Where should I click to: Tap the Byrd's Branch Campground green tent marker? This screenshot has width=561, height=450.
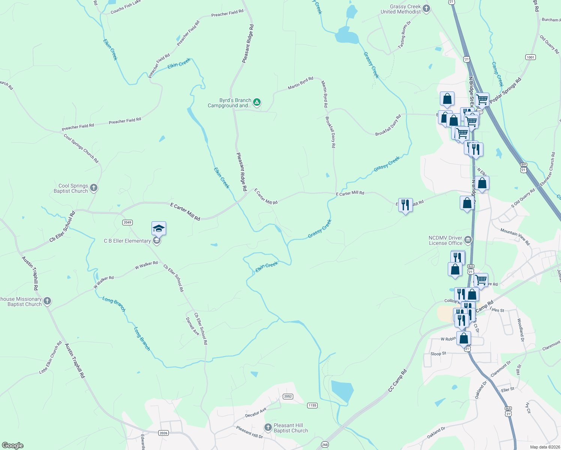[256, 102]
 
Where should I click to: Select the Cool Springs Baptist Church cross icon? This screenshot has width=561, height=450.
[94, 188]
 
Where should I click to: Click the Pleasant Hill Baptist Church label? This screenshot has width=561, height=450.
[288, 428]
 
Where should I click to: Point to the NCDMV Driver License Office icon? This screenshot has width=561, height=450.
[468, 240]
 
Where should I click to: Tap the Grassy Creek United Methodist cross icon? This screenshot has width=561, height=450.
[426, 9]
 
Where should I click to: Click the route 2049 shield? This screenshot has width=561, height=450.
[127, 222]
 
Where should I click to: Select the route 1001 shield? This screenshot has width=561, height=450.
[531, 57]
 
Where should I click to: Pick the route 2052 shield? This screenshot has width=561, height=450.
[288, 396]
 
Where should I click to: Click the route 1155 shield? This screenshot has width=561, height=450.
[312, 405]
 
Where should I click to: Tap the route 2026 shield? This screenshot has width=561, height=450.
[163, 433]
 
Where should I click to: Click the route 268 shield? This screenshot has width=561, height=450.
[324, 445]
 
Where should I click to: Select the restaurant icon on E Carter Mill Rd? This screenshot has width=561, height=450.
[405, 205]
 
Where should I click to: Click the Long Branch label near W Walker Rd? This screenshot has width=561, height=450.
[114, 304]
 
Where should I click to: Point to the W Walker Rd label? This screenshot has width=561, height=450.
[146, 265]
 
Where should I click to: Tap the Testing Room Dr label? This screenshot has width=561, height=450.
[404, 34]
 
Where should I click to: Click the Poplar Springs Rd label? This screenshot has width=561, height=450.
[505, 91]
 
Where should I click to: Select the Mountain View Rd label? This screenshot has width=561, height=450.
[515, 237]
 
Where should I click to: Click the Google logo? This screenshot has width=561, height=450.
[13, 445]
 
